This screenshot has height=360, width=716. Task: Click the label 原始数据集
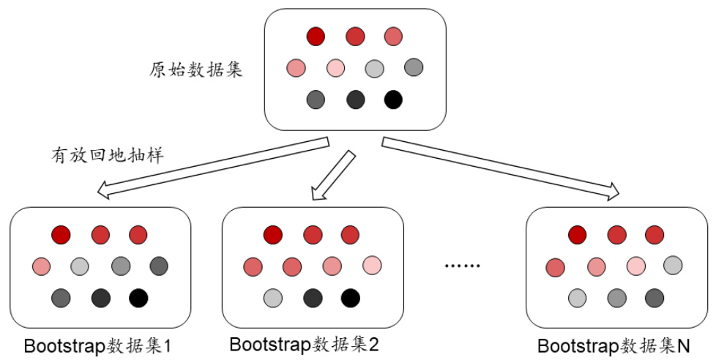[x=195, y=70]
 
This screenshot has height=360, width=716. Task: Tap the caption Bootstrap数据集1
[x=98, y=345]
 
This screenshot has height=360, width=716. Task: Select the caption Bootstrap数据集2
[x=304, y=345]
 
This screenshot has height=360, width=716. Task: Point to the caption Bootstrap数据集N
[x=614, y=345]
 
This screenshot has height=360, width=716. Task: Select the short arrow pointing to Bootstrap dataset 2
[x=333, y=175]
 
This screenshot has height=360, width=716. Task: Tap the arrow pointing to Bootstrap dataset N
[x=501, y=168]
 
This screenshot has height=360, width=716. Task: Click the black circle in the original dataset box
[x=393, y=99]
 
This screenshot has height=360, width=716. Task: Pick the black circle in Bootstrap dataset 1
[x=138, y=298]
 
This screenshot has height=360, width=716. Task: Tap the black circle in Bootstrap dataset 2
[x=351, y=298]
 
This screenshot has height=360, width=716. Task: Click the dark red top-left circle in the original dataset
[x=316, y=35]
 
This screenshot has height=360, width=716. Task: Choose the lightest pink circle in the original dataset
[x=335, y=67]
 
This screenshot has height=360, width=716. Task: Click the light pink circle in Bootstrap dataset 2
[x=371, y=265]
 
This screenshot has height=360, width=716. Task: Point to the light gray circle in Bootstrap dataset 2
[x=273, y=298]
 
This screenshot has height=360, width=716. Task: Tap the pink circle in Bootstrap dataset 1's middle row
[x=41, y=265]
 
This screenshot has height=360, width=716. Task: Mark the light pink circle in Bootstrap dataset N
[x=635, y=265]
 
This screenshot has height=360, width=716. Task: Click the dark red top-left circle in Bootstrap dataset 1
[x=61, y=234]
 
